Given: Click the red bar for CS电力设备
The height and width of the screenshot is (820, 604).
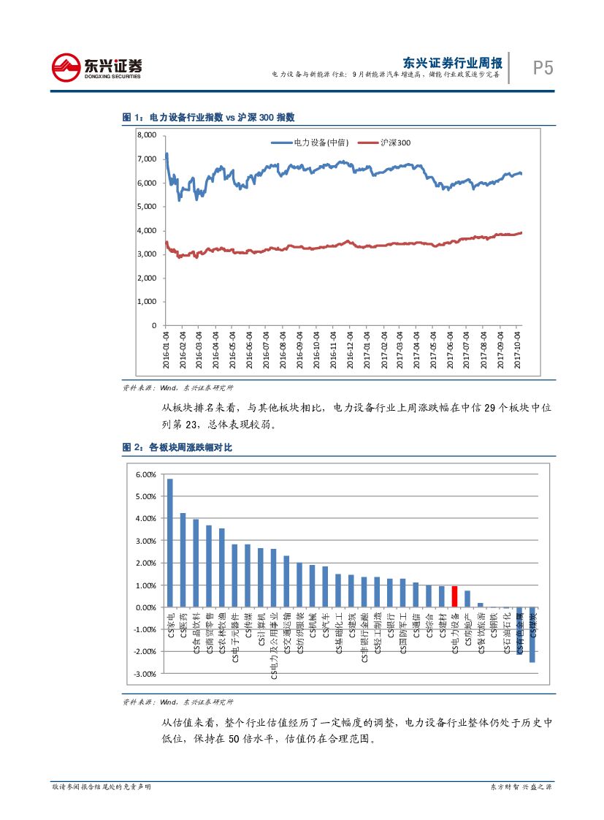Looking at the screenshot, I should point(454,596).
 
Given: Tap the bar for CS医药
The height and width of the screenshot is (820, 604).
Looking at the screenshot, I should point(183,560).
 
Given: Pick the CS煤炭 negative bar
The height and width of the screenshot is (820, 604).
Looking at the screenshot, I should point(532,634).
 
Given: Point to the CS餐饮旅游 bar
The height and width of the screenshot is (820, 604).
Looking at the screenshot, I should point(480,604).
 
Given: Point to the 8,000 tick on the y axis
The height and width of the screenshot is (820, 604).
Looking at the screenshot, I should point(147,135).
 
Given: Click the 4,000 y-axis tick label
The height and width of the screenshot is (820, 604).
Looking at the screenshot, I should point(147,230).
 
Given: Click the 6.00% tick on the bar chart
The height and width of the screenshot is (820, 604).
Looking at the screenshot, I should point(146,475).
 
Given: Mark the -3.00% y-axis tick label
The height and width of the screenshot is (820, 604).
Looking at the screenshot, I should point(145,673).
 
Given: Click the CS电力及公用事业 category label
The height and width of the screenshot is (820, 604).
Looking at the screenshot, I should point(275,647).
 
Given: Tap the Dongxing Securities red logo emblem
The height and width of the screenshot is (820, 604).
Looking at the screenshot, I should point(65,68).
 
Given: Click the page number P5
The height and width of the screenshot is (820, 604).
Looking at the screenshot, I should point(542,68).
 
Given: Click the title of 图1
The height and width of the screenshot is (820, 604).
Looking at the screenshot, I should point(208,117).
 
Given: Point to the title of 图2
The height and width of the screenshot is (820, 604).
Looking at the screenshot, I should point(177,447).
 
